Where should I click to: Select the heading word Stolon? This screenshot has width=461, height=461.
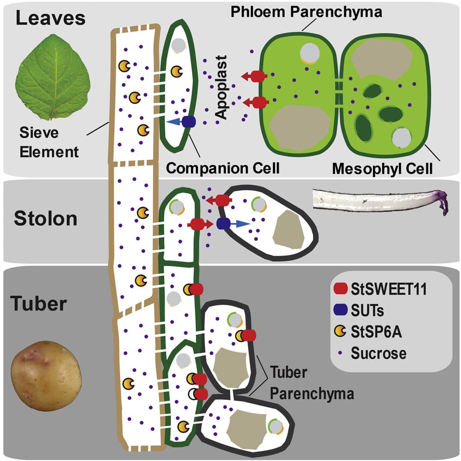(x=45, y=218)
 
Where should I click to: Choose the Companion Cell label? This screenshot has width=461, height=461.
(x=223, y=167)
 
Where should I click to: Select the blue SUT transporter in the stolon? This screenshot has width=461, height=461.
(x=223, y=224)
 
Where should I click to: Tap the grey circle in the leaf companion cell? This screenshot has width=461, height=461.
(x=179, y=45)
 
